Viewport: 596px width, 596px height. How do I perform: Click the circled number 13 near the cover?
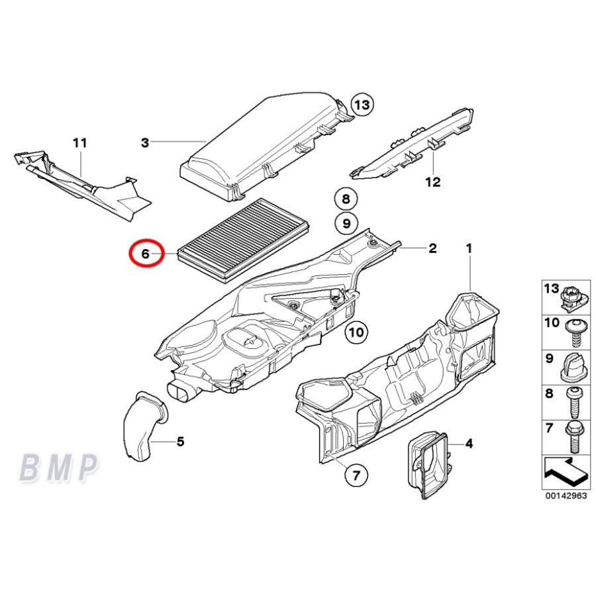(362, 105)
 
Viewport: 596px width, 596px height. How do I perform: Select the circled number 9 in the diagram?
(345, 223)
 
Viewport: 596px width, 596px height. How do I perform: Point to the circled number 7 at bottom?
(355, 474)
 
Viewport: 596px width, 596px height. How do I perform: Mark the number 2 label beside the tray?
(432, 248)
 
